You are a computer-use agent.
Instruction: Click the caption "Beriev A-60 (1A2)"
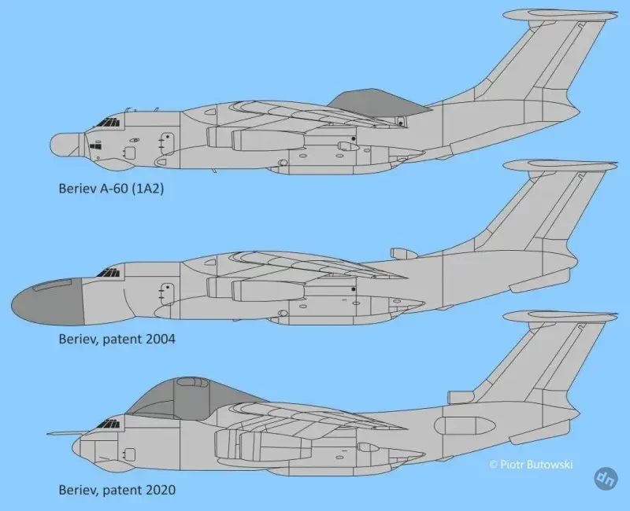pos(111,189)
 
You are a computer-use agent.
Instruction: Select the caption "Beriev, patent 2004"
pos(117,339)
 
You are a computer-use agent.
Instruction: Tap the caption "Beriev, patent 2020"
pos(117,490)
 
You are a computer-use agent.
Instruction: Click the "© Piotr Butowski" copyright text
pos(531,465)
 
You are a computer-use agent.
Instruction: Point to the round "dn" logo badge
pos(606,478)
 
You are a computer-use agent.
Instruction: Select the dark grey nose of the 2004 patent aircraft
pos(47,301)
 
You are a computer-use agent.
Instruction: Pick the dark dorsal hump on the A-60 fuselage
pos(378,104)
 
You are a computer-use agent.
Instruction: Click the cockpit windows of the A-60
pos(108,123)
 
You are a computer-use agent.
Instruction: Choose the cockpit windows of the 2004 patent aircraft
pos(108,273)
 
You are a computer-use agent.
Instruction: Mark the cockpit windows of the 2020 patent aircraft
pos(108,424)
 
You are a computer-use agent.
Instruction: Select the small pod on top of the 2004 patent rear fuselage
pos(403,253)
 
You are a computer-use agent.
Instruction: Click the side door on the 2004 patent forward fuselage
pos(167,294)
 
